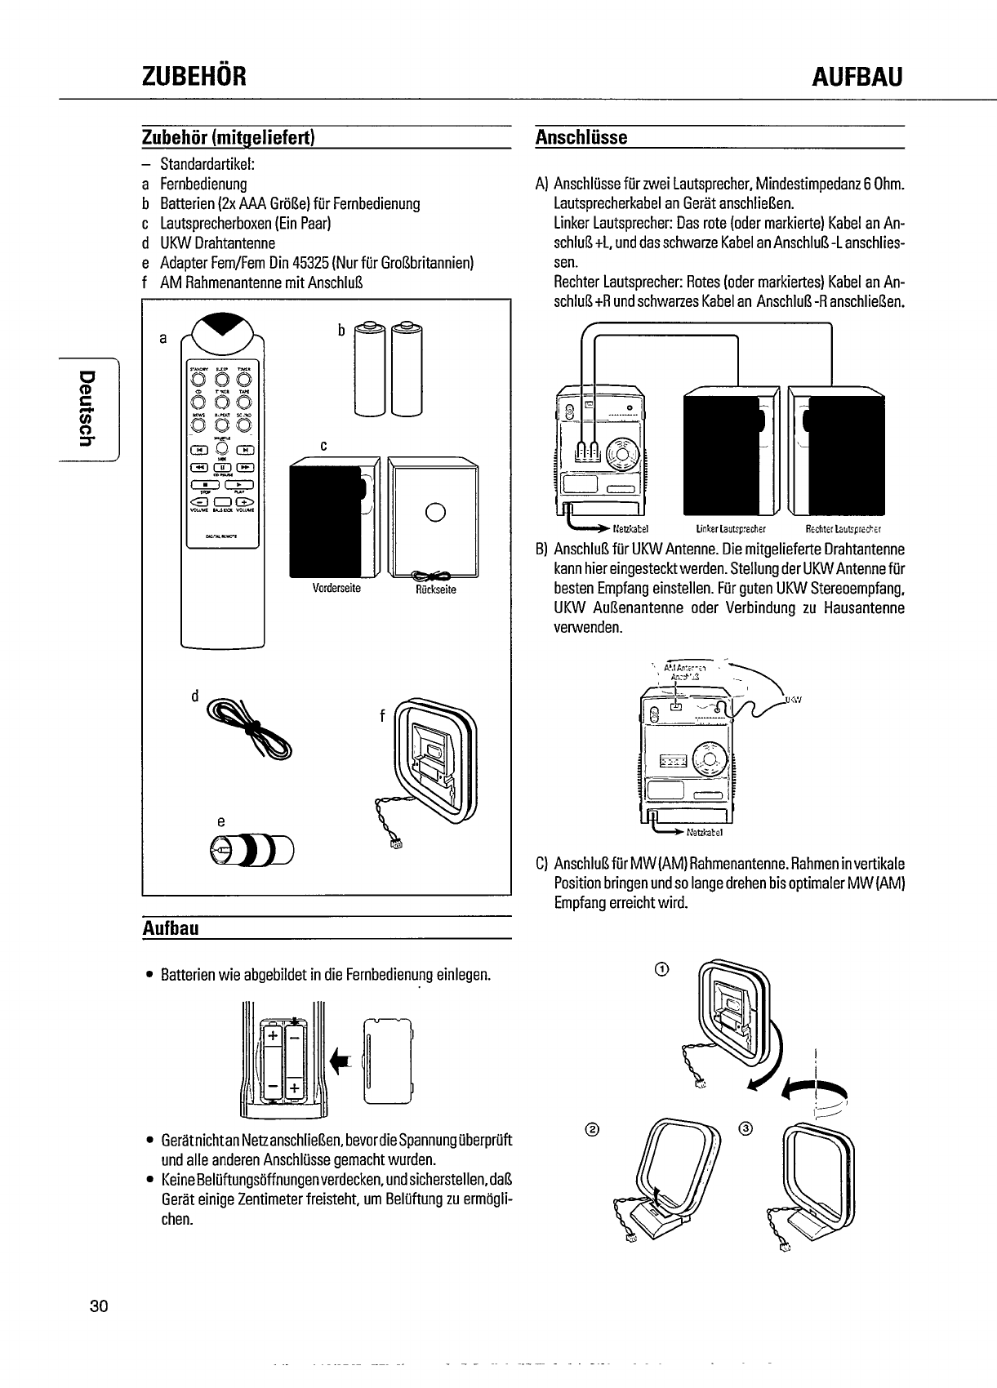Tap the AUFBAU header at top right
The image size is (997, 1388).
click(858, 77)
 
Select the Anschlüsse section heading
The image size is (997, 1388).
click(581, 137)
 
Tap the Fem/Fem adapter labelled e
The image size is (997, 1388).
click(252, 850)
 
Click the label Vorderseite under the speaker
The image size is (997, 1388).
click(336, 588)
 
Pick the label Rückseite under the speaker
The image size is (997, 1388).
click(434, 589)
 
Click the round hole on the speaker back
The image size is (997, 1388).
click(435, 512)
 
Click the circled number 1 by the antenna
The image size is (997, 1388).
click(662, 968)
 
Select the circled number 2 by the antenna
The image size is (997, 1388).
click(593, 1129)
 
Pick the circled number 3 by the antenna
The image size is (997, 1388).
click(744, 1129)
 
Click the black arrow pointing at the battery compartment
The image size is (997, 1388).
click(340, 1061)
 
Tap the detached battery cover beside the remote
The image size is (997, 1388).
click(388, 1061)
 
